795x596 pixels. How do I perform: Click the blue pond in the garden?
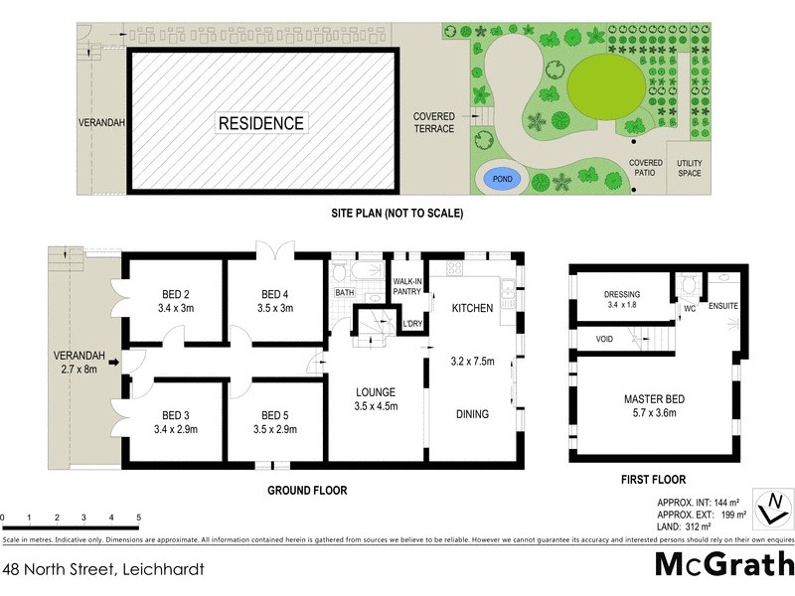(x=501, y=181)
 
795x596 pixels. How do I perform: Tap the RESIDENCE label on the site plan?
(x=262, y=124)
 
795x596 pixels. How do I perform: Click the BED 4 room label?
(x=275, y=301)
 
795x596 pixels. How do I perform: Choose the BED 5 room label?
(x=275, y=422)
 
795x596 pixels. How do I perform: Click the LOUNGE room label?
(x=377, y=398)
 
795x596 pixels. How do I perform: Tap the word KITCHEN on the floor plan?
(x=472, y=309)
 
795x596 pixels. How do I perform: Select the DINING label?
(x=472, y=414)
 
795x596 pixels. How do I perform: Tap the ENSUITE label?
(x=722, y=306)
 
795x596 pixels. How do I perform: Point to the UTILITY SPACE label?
(x=689, y=168)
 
